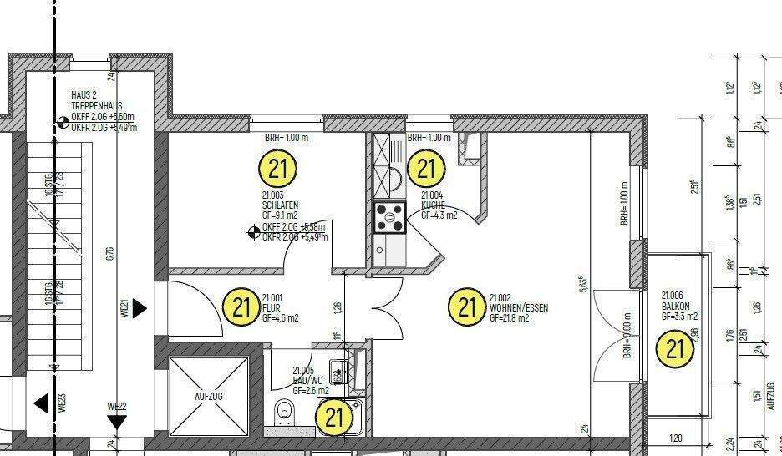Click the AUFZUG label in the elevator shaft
(209, 396)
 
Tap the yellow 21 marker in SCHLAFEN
(278, 169)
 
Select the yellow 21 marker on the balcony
(674, 347)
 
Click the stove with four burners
(388, 217)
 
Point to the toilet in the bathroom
(284, 411)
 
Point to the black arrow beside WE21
(140, 309)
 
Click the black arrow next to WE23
(41, 404)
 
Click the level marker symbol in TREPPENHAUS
(62, 123)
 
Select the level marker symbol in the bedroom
(253, 232)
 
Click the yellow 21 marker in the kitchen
(426, 170)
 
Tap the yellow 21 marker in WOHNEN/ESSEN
(467, 307)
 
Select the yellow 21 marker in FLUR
(242, 307)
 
